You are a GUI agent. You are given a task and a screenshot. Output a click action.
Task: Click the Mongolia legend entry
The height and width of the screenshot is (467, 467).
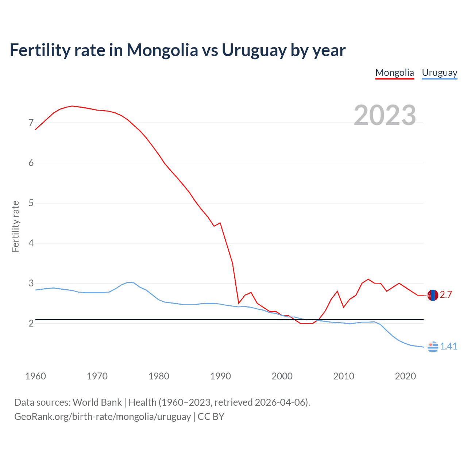point(394,73)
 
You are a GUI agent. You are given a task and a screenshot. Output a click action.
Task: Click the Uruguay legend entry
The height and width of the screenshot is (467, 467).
point(439,73)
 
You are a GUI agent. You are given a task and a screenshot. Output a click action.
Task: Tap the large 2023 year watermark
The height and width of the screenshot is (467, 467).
point(385,115)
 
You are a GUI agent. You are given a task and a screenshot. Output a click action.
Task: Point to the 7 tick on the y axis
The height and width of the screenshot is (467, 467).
point(31,123)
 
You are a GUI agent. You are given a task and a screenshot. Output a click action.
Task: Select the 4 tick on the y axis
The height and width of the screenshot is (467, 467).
point(31,243)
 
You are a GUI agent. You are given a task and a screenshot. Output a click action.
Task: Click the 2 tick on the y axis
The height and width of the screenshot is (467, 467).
point(31,323)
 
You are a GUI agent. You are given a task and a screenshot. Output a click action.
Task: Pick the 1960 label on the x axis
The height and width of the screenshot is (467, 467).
point(35,376)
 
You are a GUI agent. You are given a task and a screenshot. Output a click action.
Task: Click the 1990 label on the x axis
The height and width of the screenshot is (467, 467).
point(220,376)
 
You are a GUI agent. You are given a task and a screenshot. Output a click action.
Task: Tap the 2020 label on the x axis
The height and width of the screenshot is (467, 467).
point(405,376)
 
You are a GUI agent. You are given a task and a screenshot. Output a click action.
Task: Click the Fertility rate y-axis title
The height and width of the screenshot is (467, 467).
point(15,226)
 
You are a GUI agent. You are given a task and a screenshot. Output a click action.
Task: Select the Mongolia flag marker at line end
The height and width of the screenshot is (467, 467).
point(433,295)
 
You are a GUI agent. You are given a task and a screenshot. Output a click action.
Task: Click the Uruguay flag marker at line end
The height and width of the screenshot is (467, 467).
point(433,347)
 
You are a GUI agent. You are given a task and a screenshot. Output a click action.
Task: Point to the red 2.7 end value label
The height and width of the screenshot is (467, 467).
point(446,294)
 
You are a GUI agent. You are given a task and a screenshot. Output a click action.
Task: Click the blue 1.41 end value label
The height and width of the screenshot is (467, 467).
point(448,346)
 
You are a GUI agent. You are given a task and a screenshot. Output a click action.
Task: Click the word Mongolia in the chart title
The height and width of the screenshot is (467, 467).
point(162,50)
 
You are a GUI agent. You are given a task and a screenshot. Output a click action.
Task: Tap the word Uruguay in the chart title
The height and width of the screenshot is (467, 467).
point(254,50)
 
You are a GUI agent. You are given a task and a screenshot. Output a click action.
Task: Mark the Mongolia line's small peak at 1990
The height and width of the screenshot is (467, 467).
point(220,223)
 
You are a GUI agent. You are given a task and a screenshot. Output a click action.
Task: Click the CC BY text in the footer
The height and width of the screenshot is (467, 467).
point(211,417)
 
